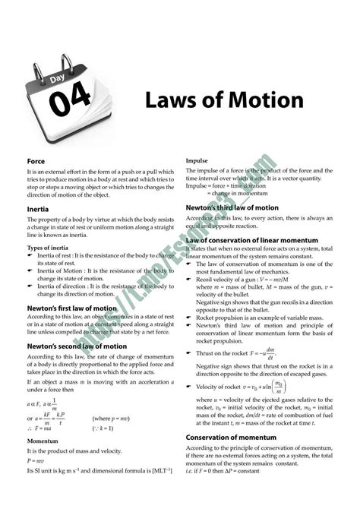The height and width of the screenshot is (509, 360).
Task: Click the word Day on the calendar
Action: tap(57, 79)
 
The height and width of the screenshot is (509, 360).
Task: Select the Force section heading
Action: tap(36, 161)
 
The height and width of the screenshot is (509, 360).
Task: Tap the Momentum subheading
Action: tap(43, 441)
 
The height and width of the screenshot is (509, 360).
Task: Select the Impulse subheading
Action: tap(199, 161)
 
